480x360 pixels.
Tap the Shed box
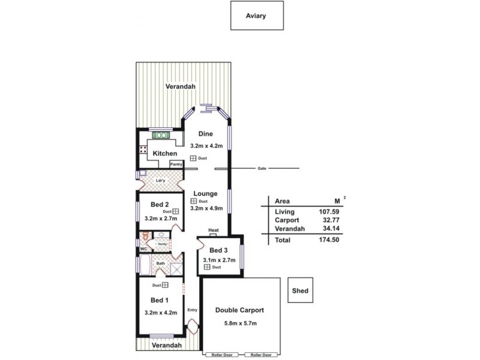(300, 291)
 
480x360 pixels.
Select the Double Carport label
(239, 310)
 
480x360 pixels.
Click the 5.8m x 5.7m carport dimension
(239, 325)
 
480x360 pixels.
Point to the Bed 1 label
(158, 300)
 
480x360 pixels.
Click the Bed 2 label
(158, 205)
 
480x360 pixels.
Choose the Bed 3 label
(218, 250)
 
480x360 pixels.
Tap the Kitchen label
(164, 154)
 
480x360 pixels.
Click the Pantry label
(176, 164)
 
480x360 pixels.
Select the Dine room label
(206, 134)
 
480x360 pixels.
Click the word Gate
(262, 168)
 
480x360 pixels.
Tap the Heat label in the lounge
(213, 230)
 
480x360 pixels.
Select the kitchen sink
(160, 135)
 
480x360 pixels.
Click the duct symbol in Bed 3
(207, 266)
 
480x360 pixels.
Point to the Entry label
(192, 310)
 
